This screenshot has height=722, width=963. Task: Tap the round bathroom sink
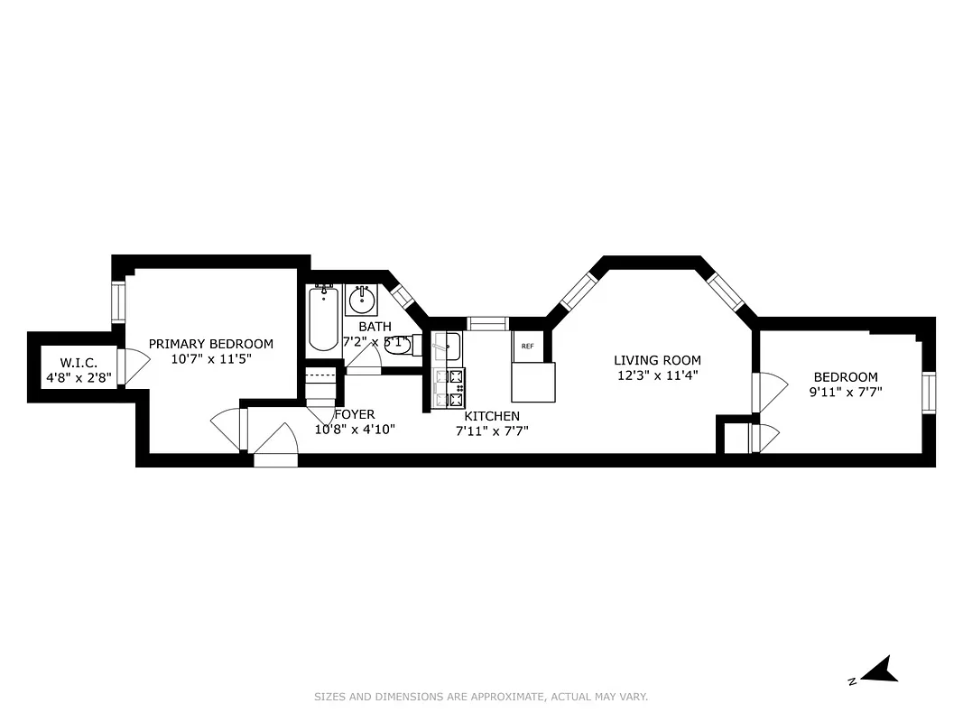point(362,298)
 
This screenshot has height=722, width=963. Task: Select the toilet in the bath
point(398,344)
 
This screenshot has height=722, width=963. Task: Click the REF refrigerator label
point(527,346)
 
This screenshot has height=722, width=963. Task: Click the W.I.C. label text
point(79,363)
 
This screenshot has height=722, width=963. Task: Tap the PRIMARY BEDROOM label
point(210,344)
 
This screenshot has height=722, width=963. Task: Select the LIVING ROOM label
point(657,360)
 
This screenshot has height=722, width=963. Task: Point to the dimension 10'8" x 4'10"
point(354,430)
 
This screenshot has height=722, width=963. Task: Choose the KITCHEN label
point(492,416)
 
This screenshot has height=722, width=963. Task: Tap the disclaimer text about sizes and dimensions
point(481,697)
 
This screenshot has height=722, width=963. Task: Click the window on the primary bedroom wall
point(117,302)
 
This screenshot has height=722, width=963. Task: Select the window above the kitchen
point(487,323)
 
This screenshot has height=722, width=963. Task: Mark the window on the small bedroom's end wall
point(928,393)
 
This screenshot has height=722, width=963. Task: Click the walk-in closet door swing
point(135,366)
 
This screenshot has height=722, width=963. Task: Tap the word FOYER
point(354,415)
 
